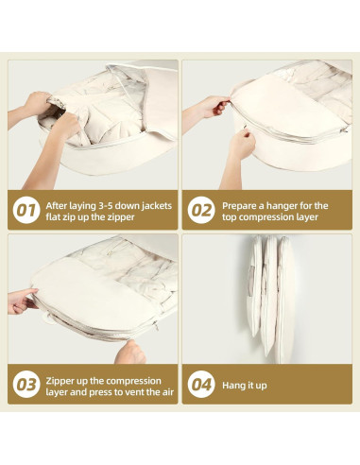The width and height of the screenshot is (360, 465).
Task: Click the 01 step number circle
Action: (x=26, y=210)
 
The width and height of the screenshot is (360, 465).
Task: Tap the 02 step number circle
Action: (x=201, y=210)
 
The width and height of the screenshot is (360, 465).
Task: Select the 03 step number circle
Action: (x=26, y=385)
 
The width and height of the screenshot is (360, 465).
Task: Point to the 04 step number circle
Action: (x=201, y=385)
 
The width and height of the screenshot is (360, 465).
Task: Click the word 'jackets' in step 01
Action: (x=157, y=206)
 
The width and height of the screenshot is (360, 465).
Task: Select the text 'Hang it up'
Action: (x=245, y=386)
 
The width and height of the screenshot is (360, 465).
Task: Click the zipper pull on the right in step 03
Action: (x=156, y=326)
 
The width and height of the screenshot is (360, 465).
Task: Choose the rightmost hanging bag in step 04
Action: (x=284, y=300)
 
